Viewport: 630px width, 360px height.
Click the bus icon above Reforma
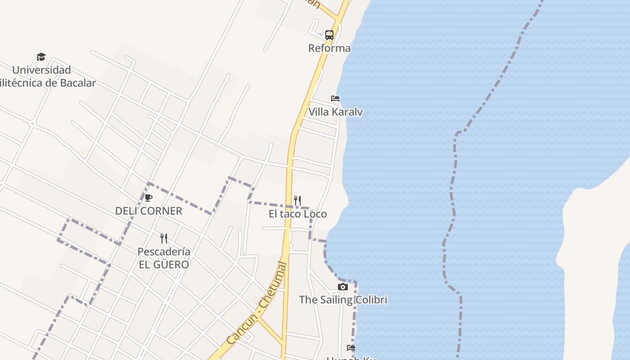click(329, 35)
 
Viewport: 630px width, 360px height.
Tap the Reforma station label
click(329, 48)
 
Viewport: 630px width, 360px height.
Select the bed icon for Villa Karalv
click(335, 99)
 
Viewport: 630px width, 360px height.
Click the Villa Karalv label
click(335, 112)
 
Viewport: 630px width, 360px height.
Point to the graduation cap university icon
click(41, 57)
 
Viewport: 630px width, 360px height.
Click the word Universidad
click(41, 70)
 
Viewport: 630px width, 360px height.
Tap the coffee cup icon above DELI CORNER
click(148, 198)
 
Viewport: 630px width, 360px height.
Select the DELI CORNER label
click(148, 211)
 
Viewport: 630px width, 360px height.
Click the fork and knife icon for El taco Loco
click(297, 201)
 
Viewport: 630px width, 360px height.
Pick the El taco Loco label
click(297, 214)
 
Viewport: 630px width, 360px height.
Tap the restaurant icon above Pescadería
click(164, 238)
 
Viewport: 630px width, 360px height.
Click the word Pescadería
click(164, 252)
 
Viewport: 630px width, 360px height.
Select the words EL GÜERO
click(164, 264)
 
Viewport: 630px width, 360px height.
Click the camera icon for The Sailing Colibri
click(343, 287)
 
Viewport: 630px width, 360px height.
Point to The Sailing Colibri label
click(343, 300)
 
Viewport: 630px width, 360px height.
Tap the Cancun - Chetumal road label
click(257, 304)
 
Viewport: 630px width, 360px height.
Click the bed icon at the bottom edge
click(351, 348)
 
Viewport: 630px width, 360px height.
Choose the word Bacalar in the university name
click(77, 83)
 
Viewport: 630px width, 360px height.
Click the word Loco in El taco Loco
click(315, 214)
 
